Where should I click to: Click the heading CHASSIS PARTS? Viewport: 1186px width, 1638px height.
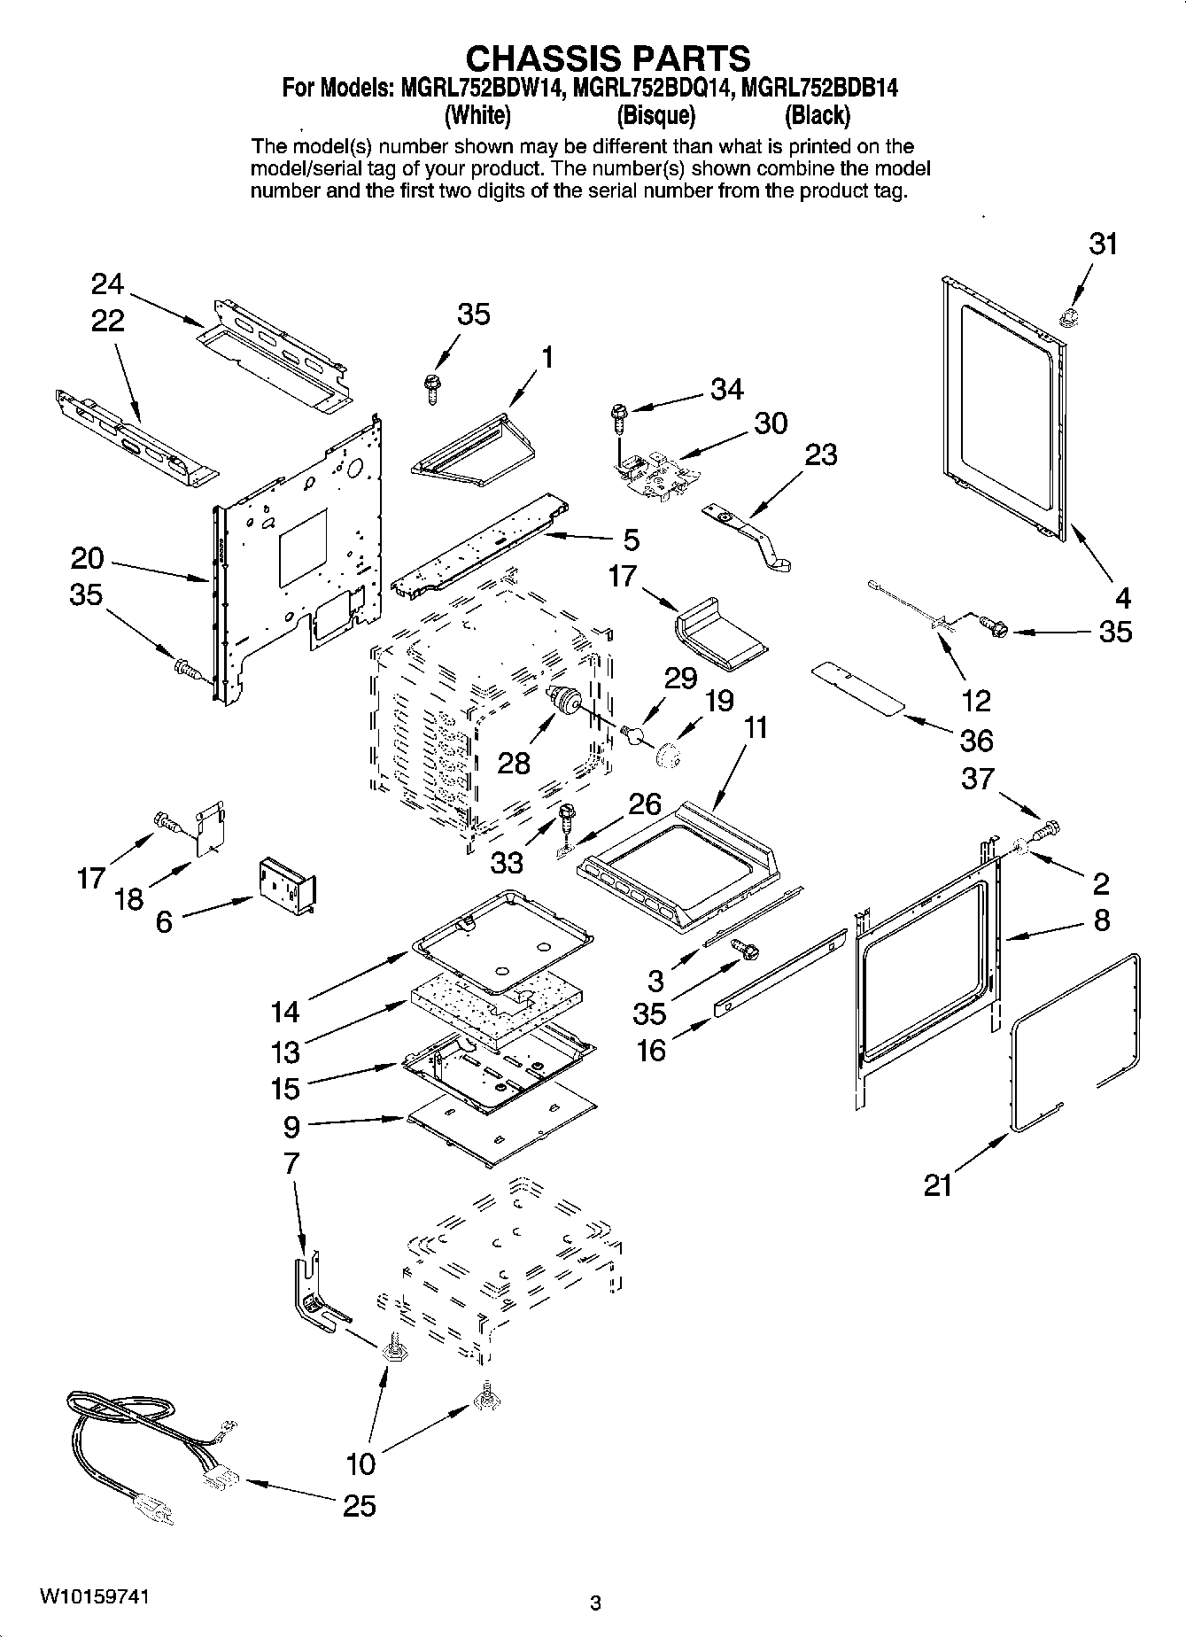click(x=608, y=58)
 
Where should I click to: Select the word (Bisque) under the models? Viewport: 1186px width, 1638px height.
click(x=655, y=115)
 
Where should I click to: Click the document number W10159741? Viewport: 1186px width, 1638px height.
click(x=94, y=1597)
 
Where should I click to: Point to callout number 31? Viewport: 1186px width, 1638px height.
click(x=1103, y=244)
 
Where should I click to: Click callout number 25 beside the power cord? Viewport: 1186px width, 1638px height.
click(x=359, y=1505)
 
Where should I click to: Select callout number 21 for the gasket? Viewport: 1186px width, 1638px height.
click(x=938, y=1184)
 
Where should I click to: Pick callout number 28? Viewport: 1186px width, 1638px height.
click(x=514, y=763)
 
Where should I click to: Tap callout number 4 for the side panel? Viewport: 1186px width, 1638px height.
click(x=1122, y=599)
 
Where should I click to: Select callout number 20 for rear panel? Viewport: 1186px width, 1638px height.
click(x=88, y=558)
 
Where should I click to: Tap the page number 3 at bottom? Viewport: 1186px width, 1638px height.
click(x=595, y=1603)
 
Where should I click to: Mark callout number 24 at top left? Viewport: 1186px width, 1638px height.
click(x=108, y=283)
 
